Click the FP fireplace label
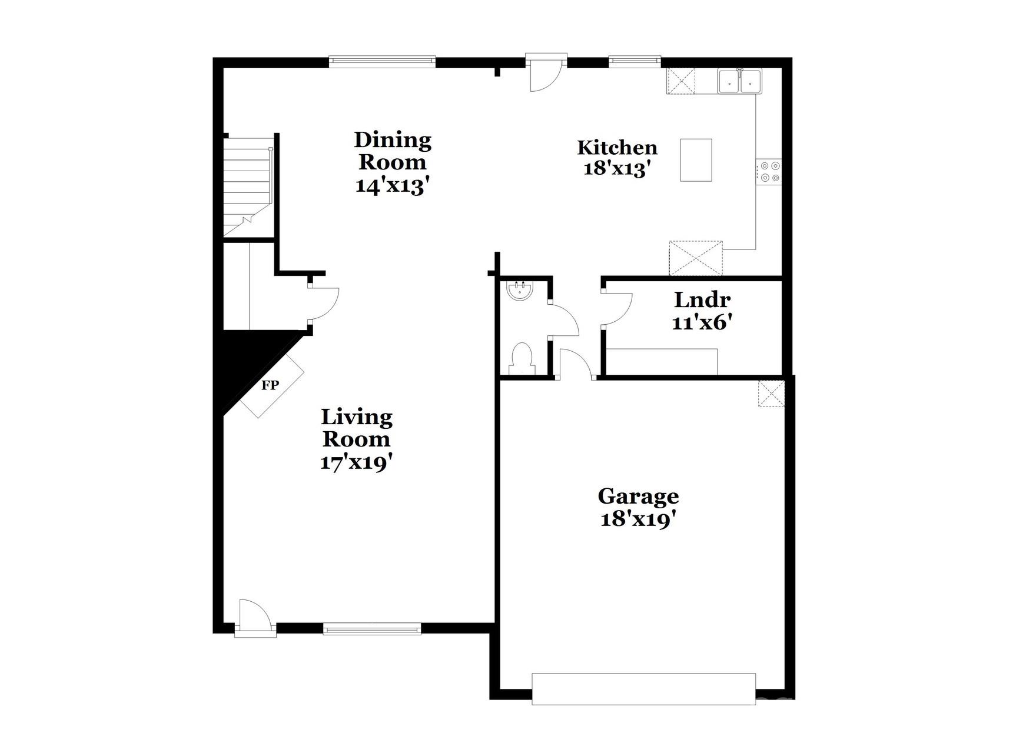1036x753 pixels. [x=270, y=385]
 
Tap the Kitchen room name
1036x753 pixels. [x=617, y=147]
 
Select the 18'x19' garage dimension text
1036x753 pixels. [x=637, y=519]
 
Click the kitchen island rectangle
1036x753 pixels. [x=696, y=160]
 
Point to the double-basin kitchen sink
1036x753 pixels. [x=739, y=81]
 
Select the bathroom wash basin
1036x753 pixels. [x=520, y=291]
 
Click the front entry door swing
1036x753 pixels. [x=255, y=616]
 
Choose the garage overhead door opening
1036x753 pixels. [x=643, y=689]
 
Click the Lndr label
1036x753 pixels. [x=702, y=300]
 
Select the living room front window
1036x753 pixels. [x=372, y=629]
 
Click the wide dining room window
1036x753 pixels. [x=382, y=61]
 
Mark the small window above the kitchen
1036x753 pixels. [x=635, y=61]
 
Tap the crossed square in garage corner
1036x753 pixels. [x=771, y=394]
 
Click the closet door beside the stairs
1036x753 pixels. [x=324, y=304]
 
